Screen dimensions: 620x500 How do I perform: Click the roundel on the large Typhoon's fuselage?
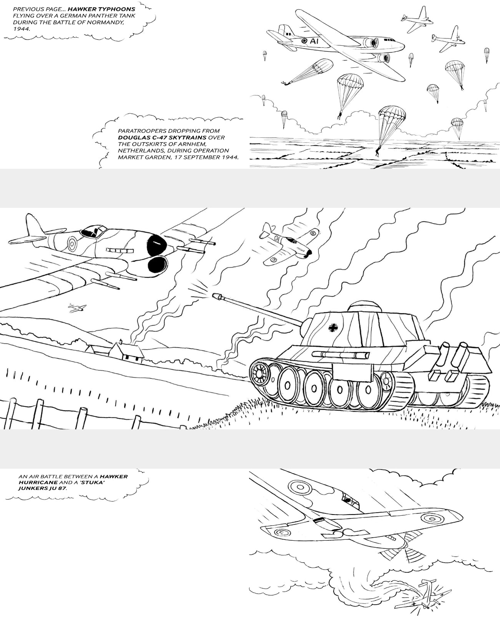click(x=72, y=242)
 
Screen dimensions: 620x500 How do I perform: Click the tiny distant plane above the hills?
click(x=77, y=307)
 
